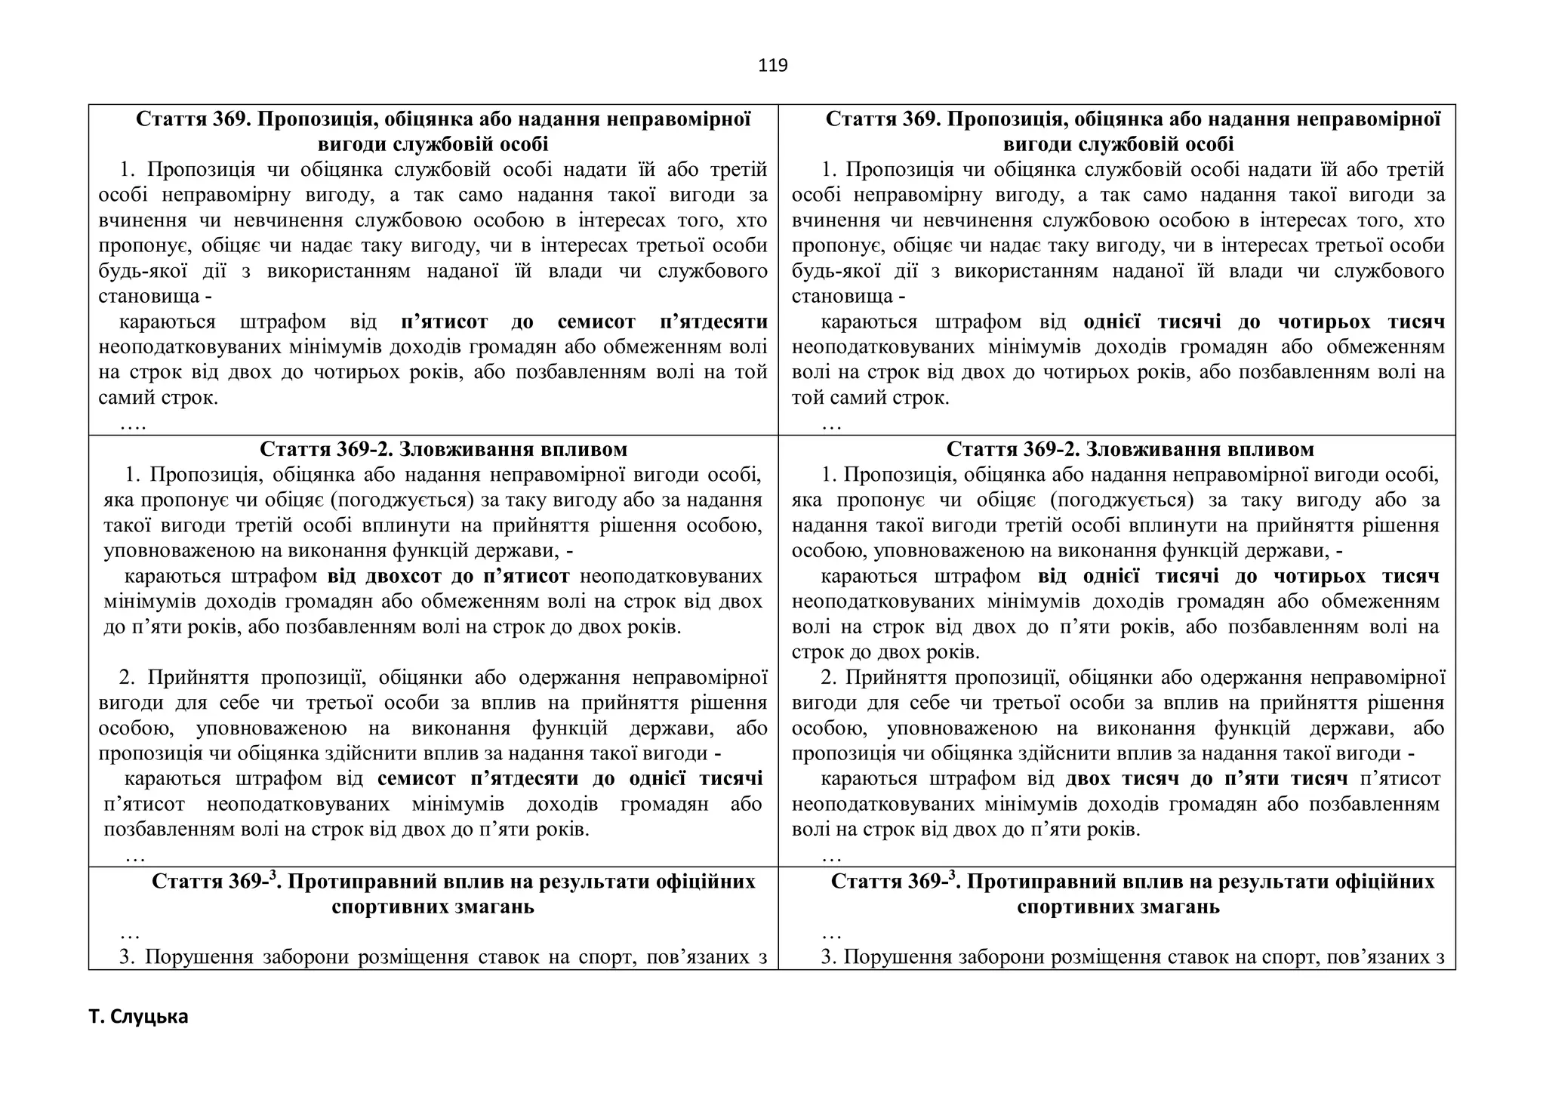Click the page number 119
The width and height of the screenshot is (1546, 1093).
772,66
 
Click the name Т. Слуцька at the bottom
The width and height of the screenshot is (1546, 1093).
138,1017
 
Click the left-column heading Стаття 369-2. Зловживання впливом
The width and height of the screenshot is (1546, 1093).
443,450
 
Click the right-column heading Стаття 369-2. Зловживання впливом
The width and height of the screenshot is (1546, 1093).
1130,450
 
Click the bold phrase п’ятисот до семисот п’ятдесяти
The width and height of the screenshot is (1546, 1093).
584,322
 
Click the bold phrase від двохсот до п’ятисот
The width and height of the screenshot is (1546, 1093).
448,577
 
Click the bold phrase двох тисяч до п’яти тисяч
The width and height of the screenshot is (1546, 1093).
1206,778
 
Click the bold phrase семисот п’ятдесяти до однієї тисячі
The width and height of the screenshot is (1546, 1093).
570,778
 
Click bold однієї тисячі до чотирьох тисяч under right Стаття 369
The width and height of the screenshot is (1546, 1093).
1264,322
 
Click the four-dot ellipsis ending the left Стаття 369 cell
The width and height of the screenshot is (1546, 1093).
133,425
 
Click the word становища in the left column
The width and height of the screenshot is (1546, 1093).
149,297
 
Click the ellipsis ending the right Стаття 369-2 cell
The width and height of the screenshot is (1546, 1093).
831,856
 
